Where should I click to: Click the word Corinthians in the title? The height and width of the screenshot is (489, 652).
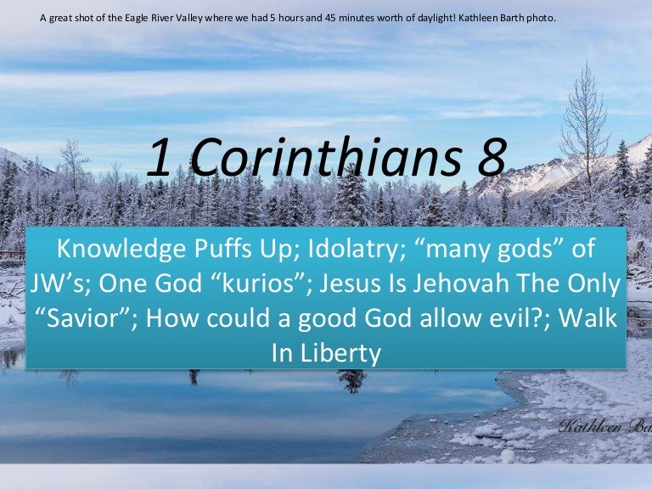pos(326,158)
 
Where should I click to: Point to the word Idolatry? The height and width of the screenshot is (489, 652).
pos(357,249)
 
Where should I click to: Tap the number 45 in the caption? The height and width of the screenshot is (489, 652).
pos(331,19)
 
